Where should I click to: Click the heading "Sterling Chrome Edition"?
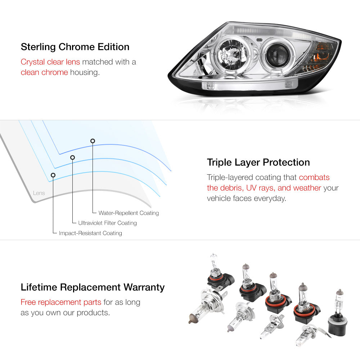(75, 47)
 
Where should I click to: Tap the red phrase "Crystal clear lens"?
(50, 62)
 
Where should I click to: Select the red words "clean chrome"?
(44, 72)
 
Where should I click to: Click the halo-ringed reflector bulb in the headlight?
(232, 55)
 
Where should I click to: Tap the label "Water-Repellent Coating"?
(129, 213)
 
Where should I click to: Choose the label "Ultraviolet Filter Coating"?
(107, 223)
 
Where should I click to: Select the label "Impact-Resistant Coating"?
(90, 233)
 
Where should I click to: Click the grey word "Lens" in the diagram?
(39, 193)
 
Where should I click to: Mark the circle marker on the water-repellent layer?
(93, 141)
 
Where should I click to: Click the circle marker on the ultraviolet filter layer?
(73, 158)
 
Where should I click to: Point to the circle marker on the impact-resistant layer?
(53, 175)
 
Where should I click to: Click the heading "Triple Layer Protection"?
(258, 162)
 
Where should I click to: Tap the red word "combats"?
(314, 177)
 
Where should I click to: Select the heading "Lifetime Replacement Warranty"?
(93, 287)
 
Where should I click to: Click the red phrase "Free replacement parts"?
(61, 302)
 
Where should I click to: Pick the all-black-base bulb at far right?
(338, 314)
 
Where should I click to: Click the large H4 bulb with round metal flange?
(208, 305)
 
